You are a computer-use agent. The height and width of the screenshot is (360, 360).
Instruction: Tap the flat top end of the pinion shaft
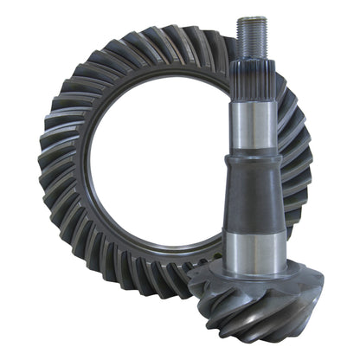point(251,20)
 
